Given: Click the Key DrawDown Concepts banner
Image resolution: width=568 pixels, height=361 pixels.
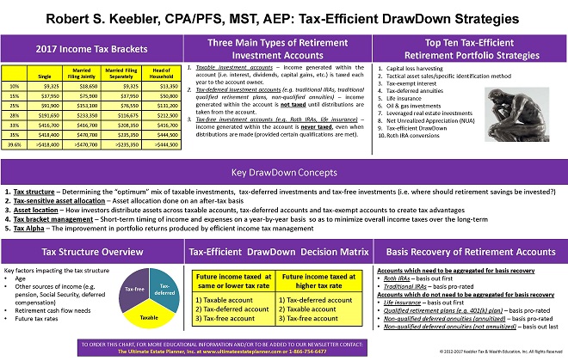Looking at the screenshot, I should pyautogui.click(x=283, y=172).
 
